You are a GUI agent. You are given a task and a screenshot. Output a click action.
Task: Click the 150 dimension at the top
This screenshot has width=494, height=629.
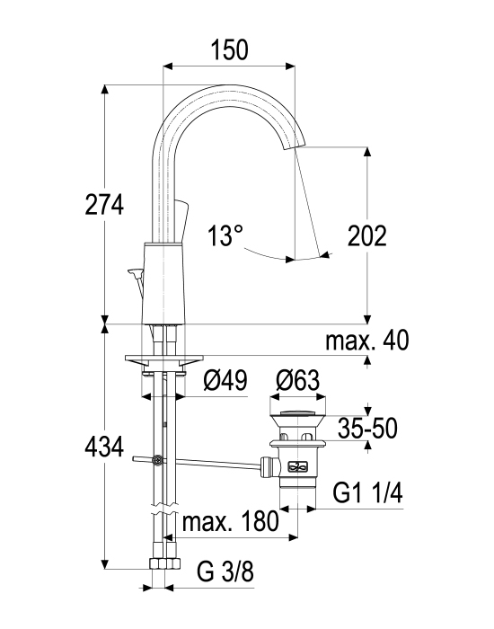pos(229,49)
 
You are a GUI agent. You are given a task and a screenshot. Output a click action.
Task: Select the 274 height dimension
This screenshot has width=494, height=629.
pos(104,205)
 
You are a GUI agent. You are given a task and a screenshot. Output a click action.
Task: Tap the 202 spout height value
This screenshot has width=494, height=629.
pos(366,235)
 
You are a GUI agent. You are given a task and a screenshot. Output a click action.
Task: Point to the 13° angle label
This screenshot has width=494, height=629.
pos(225,235)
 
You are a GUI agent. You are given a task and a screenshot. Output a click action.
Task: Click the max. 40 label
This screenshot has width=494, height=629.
pos(367,341)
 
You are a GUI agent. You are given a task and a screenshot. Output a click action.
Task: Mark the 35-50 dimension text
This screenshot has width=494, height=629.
pos(367,429)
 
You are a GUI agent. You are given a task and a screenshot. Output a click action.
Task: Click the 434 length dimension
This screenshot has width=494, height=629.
pos(104,447)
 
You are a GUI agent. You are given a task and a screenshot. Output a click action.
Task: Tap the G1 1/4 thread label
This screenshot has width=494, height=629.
pos(367,493)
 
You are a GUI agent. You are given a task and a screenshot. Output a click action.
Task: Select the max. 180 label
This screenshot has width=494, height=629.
pos(230,521)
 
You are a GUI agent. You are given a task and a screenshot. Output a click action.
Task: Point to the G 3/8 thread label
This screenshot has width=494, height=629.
pos(225,571)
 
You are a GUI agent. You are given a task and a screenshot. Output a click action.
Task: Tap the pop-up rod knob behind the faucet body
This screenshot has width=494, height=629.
pos(135,273)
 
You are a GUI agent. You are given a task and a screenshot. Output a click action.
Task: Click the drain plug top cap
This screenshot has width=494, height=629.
pos(297,412)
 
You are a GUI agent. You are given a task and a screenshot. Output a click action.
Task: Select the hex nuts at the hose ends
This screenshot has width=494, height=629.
pos(164,563)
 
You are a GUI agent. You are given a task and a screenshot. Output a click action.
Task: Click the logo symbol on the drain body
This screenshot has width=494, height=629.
pos(297,466)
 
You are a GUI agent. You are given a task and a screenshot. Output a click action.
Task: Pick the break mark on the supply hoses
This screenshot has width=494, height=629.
pos(164,509)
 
